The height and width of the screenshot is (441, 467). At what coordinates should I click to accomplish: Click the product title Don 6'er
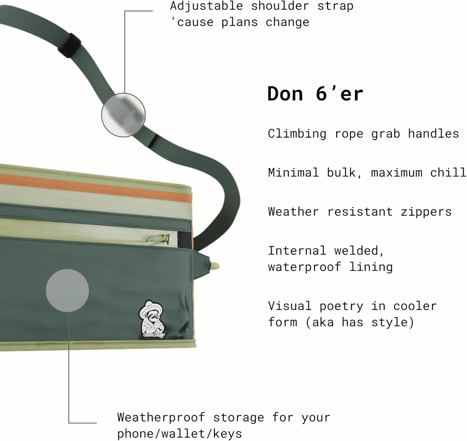(315, 94)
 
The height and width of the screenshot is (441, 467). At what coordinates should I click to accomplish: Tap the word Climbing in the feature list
(297, 134)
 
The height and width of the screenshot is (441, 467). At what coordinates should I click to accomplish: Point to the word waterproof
(304, 267)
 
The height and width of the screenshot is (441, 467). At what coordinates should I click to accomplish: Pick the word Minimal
(293, 173)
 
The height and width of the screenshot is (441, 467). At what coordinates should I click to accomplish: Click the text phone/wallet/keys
(179, 434)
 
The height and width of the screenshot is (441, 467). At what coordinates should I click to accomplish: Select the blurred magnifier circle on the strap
(123, 115)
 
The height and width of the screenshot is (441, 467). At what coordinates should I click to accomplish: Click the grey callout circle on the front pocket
(67, 290)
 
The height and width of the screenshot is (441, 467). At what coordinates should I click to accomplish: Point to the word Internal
(297, 251)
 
